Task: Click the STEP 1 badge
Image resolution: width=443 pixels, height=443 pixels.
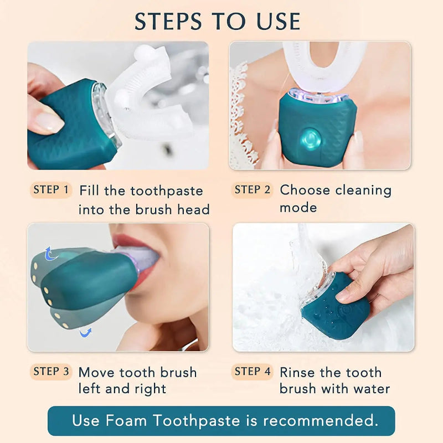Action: coord(51,190)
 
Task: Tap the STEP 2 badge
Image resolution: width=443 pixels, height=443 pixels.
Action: coord(253,190)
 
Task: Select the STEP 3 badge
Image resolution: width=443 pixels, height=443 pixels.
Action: coord(51,372)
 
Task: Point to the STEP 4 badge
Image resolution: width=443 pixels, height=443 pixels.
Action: coord(253,372)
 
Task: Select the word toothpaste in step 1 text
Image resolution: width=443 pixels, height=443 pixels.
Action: coord(167,192)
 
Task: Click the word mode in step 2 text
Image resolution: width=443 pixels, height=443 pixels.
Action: coord(298,208)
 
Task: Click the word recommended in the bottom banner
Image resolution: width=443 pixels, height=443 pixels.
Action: coord(320,421)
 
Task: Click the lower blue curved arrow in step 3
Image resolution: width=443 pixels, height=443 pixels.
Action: coord(85,332)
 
